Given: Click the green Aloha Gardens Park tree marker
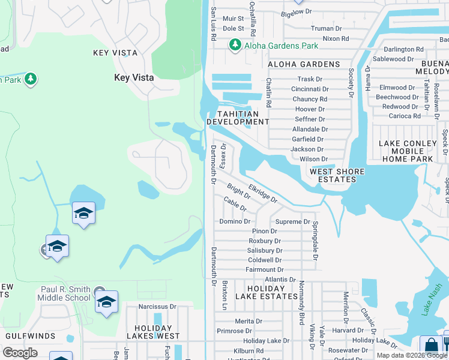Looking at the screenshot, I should (235, 45).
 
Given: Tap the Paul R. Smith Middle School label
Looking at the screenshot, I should (65, 293).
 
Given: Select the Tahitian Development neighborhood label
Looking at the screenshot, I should (238, 118).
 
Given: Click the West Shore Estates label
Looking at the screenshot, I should (337, 176).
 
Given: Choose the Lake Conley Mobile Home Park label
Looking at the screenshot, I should (408, 151).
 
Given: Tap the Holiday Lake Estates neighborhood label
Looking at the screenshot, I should (267, 292).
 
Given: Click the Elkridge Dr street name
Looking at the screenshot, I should (262, 193).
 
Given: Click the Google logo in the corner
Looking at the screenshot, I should (20, 353).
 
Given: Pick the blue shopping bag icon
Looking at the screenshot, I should (430, 346).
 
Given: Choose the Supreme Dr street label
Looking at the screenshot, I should (292, 221).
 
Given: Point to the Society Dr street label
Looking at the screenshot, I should (351, 82).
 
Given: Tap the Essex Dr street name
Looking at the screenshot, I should (223, 155).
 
